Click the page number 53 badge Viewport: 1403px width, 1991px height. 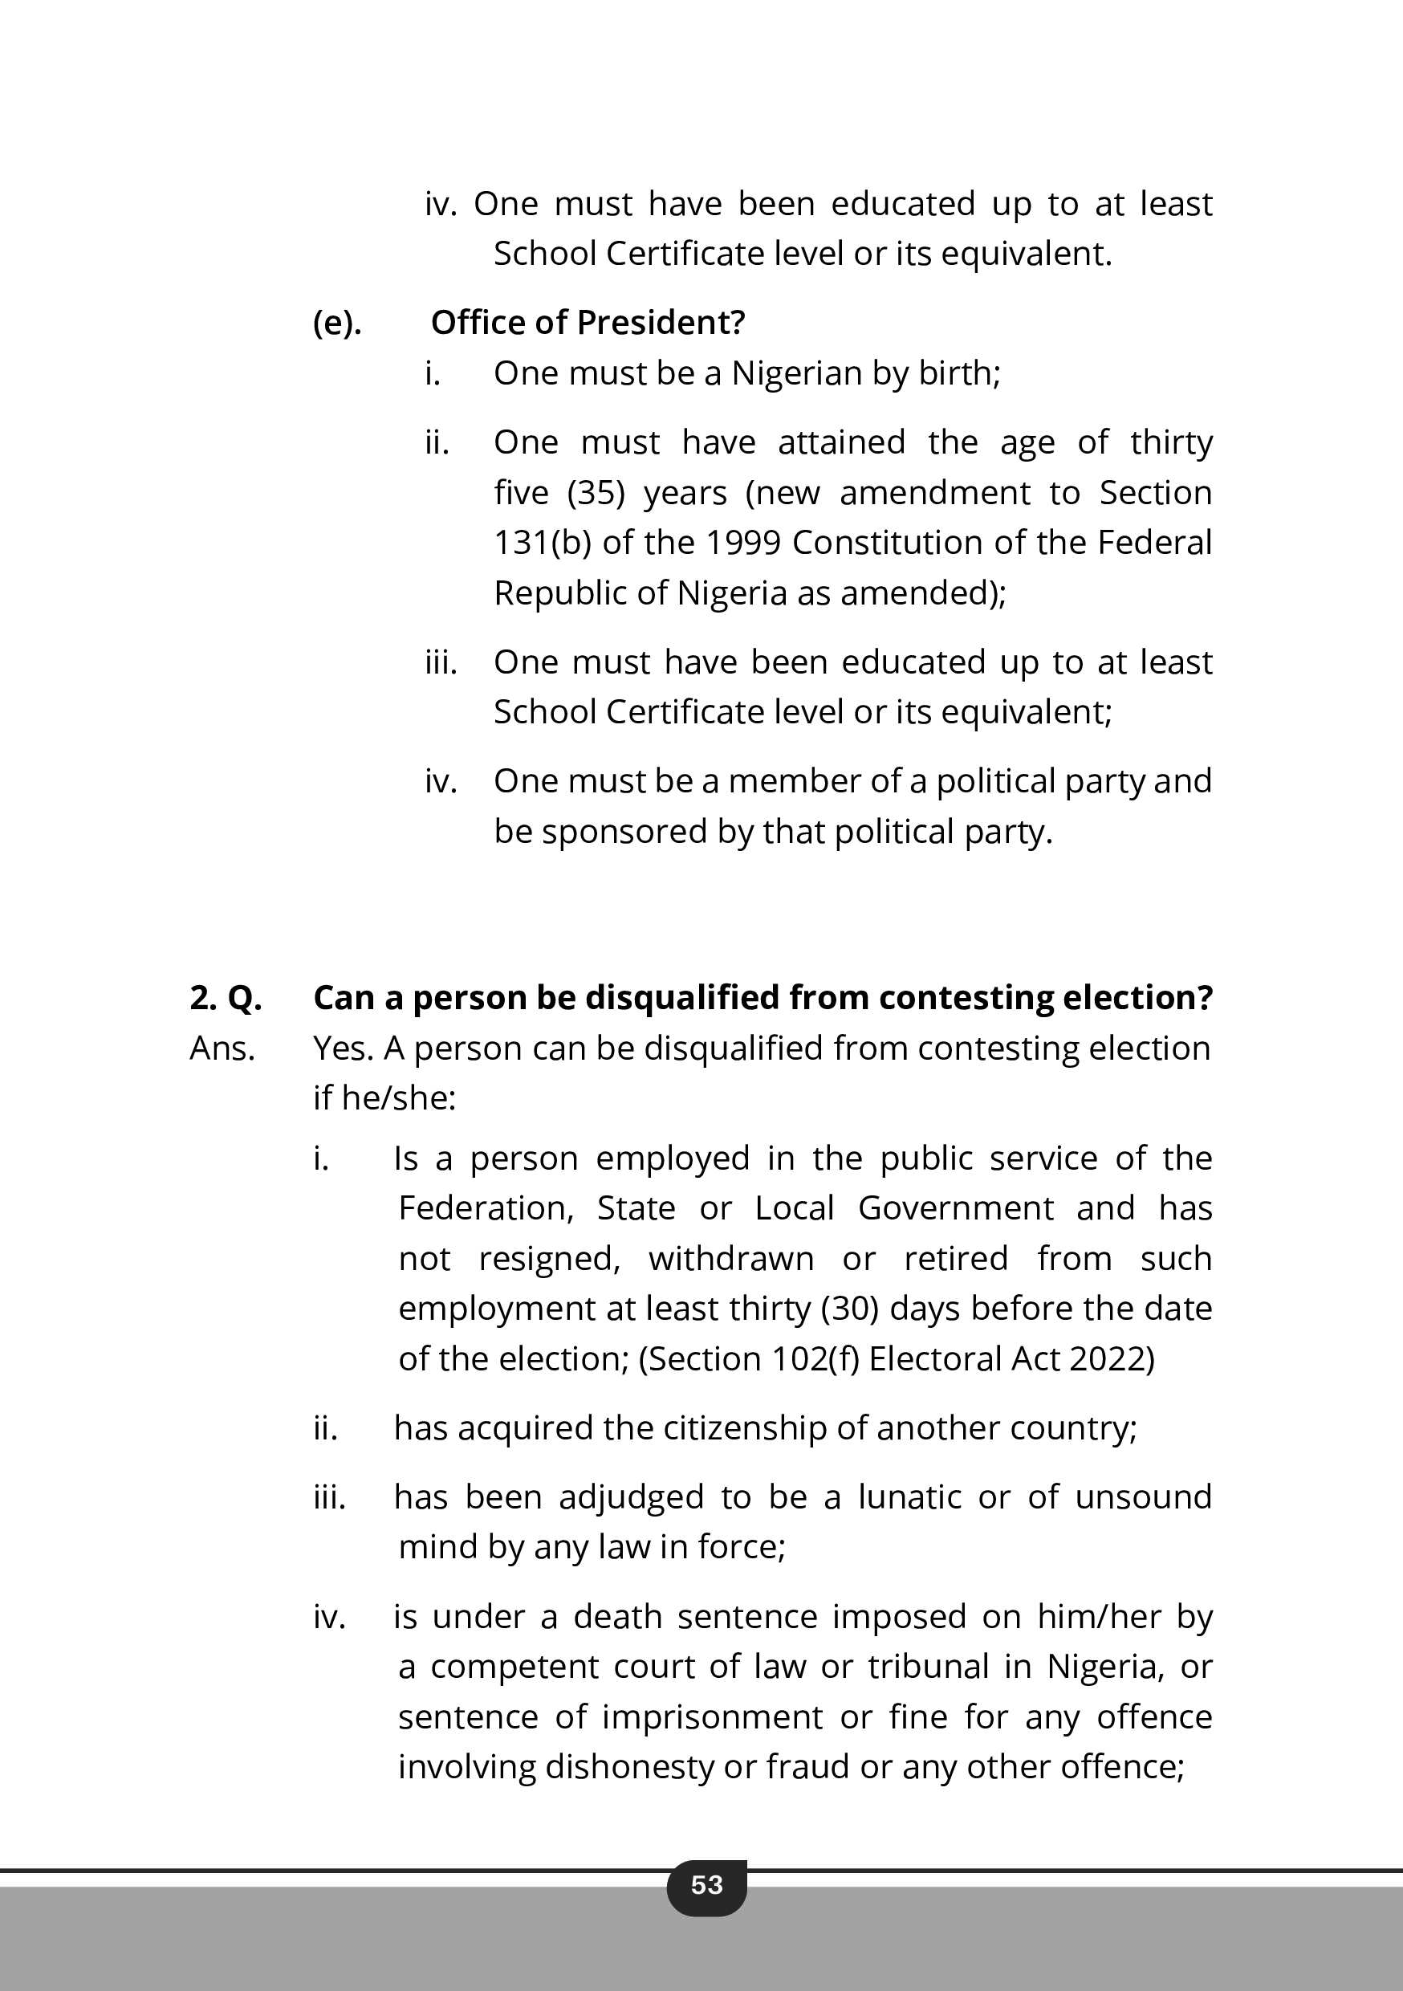[706, 1884]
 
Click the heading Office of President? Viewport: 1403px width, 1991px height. [588, 323]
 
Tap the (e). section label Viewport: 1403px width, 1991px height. [337, 323]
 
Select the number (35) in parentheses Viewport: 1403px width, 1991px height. [596, 493]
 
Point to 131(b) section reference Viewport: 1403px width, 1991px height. [542, 543]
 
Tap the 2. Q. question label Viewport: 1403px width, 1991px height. [226, 997]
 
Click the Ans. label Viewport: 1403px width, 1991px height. [222, 1048]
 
